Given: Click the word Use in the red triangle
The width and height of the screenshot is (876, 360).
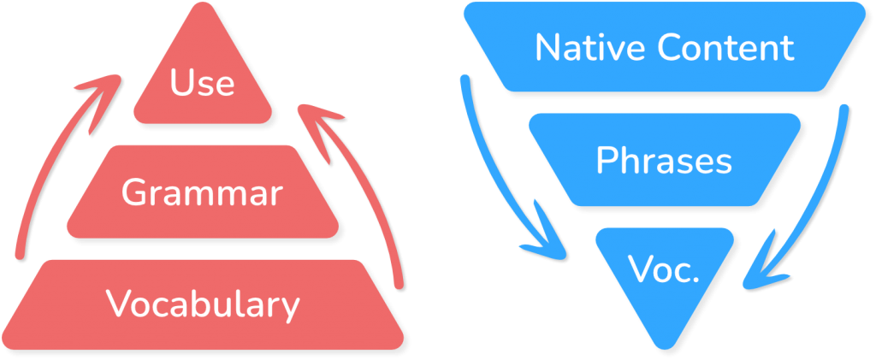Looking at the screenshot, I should [x=202, y=84].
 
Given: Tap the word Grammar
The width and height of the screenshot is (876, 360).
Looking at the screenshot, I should [x=202, y=193].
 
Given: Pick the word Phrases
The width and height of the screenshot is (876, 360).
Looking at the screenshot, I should [x=664, y=160].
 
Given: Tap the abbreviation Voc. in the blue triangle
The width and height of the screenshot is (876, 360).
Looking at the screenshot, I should [x=664, y=272].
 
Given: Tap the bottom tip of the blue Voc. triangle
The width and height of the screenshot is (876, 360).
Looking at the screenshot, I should [x=665, y=345].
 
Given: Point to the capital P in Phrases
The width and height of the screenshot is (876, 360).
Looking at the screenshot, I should [x=606, y=160].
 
